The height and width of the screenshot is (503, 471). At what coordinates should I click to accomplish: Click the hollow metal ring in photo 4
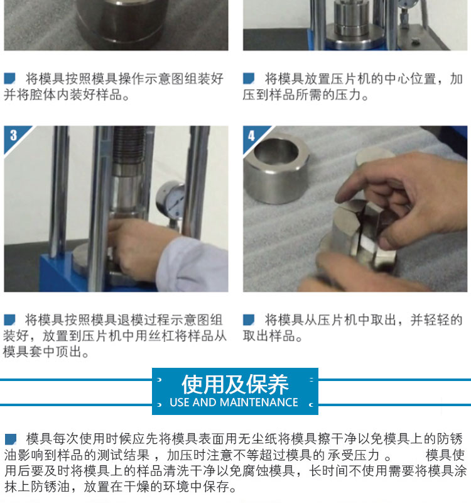pos(276,168)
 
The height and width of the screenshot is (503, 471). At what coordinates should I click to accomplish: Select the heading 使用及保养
pos(235,384)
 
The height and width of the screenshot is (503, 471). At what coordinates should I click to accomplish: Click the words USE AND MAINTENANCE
pos(234,402)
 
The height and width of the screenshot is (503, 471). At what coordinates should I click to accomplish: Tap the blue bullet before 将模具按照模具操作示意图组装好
pos(9,79)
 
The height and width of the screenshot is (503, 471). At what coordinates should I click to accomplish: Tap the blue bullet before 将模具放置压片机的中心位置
pos(249,79)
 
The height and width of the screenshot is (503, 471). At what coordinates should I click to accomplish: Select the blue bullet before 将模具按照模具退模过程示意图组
pos(9,320)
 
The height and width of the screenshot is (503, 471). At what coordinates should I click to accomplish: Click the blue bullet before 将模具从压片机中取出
pos(249,320)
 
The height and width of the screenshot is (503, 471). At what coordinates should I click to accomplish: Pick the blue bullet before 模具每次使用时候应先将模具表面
pos(11,439)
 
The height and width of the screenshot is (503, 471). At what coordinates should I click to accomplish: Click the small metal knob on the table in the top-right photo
pos(415,40)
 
